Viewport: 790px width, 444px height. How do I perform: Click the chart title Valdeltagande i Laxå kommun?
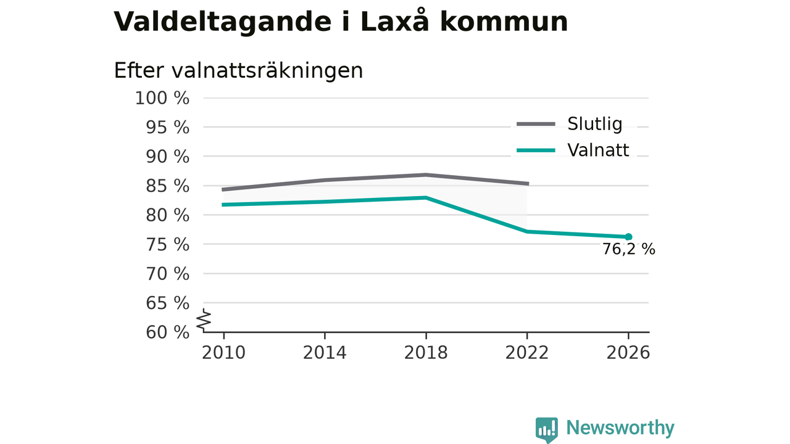click(341, 22)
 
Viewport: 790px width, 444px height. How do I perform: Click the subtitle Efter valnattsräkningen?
click(238, 70)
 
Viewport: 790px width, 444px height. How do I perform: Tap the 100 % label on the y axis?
click(162, 98)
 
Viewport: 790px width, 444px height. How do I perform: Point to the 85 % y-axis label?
click(167, 186)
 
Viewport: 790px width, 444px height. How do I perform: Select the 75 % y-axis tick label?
click(167, 244)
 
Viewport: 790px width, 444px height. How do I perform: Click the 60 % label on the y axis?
click(167, 332)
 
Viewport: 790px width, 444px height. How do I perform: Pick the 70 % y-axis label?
click(167, 273)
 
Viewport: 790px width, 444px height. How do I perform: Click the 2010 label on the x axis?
click(223, 353)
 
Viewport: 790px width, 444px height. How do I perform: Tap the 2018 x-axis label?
click(426, 353)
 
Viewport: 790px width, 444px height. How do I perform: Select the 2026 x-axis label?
click(628, 353)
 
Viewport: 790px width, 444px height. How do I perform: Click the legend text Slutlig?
click(594, 124)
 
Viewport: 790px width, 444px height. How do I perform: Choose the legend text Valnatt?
click(598, 150)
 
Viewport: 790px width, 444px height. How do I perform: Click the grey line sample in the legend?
click(536, 124)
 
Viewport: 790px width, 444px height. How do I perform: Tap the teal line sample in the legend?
click(536, 150)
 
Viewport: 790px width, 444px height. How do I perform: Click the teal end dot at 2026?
click(628, 237)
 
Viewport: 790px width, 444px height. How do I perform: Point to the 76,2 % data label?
click(628, 249)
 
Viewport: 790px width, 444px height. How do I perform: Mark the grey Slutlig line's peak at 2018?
click(426, 175)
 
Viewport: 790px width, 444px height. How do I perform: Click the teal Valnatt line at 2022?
click(527, 231)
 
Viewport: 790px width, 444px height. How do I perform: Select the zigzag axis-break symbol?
click(204, 320)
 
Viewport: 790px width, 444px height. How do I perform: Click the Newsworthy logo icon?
click(547, 430)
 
